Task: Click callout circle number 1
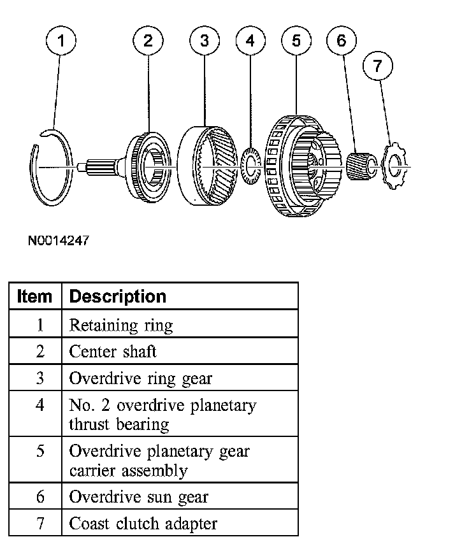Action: pyautogui.click(x=61, y=42)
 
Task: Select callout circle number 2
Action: pyautogui.click(x=148, y=41)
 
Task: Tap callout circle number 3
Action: pyautogui.click(x=205, y=41)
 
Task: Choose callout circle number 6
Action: pyautogui.click(x=342, y=41)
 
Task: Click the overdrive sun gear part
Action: pyautogui.click(x=361, y=166)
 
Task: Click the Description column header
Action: pyautogui.click(x=117, y=297)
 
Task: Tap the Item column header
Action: pyautogui.click(x=34, y=297)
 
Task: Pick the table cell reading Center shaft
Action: pyautogui.click(x=113, y=351)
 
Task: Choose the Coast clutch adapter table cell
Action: pyautogui.click(x=143, y=524)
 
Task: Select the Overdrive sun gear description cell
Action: pyautogui.click(x=139, y=497)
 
